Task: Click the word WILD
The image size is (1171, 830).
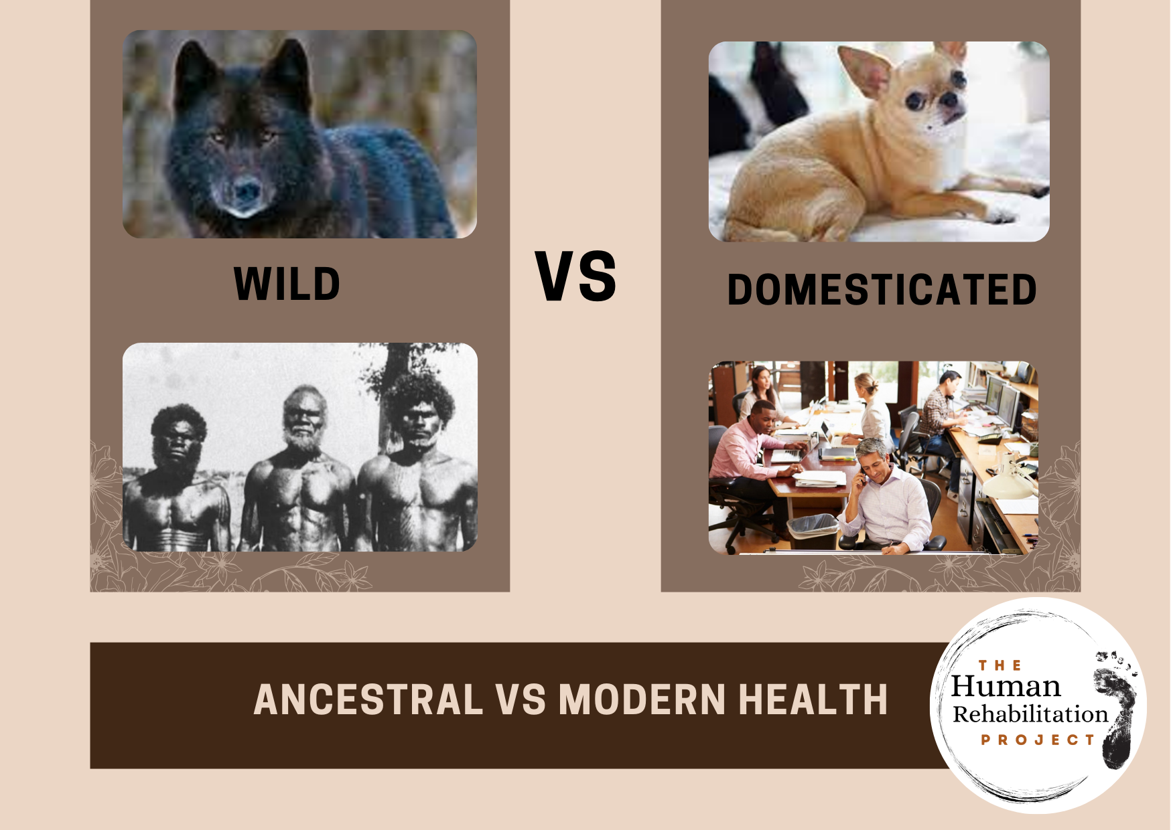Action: click(x=287, y=284)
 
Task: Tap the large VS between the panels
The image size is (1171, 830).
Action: click(x=575, y=276)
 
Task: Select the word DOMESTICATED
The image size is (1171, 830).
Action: click(x=882, y=290)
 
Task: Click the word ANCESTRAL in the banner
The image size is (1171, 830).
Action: click(x=368, y=699)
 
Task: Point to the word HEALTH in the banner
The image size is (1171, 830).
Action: click(x=813, y=699)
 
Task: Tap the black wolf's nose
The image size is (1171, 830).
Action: click(x=246, y=191)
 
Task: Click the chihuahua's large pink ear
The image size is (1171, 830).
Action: click(x=866, y=69)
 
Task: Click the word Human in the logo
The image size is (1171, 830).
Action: click(x=1006, y=687)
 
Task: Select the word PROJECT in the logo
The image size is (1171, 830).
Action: click(x=1038, y=740)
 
